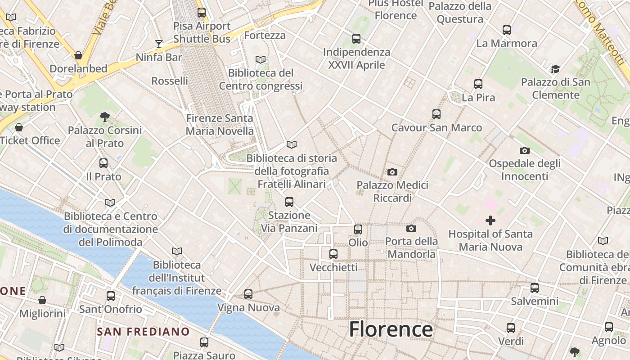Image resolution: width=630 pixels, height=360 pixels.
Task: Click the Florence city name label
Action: coord(391,329)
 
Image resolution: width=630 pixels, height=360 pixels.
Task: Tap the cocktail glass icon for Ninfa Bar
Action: coord(159,44)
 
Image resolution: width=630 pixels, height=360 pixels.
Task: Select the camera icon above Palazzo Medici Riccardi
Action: coord(392,172)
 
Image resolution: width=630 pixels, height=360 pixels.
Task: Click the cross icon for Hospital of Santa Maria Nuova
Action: coord(490,220)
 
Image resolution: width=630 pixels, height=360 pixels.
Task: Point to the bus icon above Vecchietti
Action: coord(333,254)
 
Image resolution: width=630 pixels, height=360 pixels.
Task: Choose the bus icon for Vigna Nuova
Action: coord(248,294)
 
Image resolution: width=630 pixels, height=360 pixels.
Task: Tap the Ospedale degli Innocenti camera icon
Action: coord(525,150)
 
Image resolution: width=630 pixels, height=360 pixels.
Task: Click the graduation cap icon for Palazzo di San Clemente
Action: coord(555,69)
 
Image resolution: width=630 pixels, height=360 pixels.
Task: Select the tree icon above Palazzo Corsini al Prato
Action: coord(105,117)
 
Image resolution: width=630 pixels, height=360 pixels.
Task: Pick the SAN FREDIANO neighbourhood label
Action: coord(144,332)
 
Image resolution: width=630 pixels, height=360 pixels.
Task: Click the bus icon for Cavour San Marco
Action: coord(436,114)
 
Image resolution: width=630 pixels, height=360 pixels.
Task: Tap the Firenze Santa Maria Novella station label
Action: coord(220,125)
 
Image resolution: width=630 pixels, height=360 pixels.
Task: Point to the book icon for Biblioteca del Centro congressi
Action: coord(261,59)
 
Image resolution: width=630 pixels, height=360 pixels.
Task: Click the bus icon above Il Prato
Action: coord(103,163)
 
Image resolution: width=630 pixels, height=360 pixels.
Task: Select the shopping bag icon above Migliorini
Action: coord(42,300)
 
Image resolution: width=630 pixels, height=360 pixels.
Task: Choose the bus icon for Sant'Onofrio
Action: coord(111,296)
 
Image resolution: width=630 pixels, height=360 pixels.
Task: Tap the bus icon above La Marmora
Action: coord(507,30)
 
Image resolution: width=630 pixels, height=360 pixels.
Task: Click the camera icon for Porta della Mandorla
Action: coord(411,229)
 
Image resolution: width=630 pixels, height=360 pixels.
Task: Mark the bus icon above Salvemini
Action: coord(535,288)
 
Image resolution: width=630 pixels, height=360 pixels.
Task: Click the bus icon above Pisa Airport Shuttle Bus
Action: coord(202,13)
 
